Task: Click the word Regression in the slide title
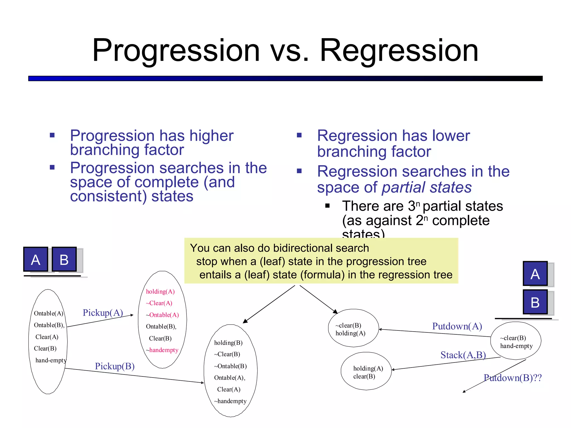(399, 51)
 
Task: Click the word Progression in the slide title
(176, 51)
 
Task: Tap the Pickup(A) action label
(103, 313)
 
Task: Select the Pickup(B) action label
(115, 366)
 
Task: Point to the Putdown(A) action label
(457, 326)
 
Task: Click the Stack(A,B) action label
(463, 355)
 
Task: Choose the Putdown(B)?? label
(512, 378)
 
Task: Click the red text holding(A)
(160, 291)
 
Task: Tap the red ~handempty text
(162, 350)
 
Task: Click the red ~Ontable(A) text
(162, 315)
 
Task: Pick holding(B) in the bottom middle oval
(228, 343)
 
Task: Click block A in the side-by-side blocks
(36, 259)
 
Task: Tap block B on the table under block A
(535, 302)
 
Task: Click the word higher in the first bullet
(211, 136)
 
